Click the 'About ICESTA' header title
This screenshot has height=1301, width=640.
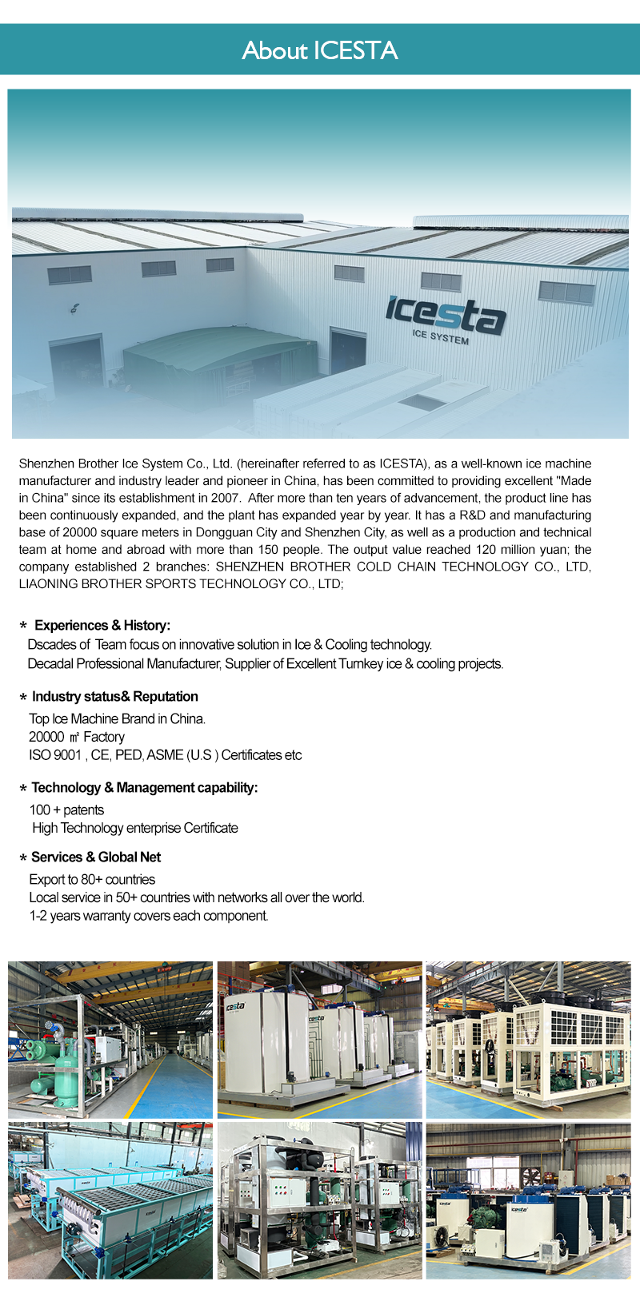pyautogui.click(x=320, y=50)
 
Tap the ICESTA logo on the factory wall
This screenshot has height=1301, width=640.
pyautogui.click(x=445, y=314)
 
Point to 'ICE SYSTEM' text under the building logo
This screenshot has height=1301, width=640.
pyautogui.click(x=441, y=336)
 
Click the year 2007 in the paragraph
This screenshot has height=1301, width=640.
pyautogui.click(x=226, y=498)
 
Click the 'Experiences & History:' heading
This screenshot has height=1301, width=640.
pyautogui.click(x=102, y=625)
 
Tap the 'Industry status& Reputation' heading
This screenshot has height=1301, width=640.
pyautogui.click(x=114, y=696)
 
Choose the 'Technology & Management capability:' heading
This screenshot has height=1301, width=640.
pyautogui.click(x=144, y=787)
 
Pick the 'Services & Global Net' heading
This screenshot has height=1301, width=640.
pyautogui.click(x=96, y=857)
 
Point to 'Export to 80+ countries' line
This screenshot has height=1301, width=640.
pyautogui.click(x=92, y=879)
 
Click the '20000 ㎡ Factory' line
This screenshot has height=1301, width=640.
pyautogui.click(x=77, y=737)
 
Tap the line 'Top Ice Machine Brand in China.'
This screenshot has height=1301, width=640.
pyautogui.click(x=117, y=718)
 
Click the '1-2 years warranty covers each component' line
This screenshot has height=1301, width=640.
pyautogui.click(x=148, y=915)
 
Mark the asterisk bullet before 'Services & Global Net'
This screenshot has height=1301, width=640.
pyautogui.click(x=23, y=858)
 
